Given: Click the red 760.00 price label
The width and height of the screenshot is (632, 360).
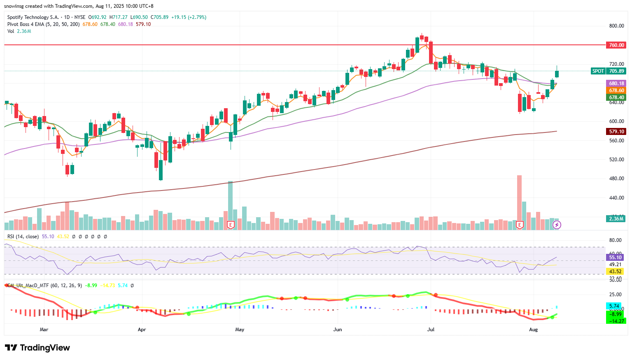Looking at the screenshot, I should (616, 45).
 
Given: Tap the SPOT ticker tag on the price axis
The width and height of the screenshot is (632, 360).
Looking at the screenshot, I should (598, 71).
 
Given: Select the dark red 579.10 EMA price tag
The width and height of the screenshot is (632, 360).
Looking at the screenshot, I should (616, 132).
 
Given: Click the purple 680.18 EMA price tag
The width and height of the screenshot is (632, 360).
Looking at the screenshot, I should (616, 84).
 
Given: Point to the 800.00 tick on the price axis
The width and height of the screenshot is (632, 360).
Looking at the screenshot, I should (616, 26).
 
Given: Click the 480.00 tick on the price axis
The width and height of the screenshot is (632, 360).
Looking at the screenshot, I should (616, 179).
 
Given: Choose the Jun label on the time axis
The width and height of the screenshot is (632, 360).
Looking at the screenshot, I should (338, 330).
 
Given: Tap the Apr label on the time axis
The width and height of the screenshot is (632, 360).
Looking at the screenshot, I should (142, 330).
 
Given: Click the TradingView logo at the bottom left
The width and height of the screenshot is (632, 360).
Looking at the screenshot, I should (37, 348).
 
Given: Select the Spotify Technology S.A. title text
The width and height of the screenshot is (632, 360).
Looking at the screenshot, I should (33, 17).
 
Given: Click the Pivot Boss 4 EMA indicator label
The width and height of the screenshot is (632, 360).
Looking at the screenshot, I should (44, 24).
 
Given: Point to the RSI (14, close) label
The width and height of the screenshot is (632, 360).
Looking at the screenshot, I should (23, 237).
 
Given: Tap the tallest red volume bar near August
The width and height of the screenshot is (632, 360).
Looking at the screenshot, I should (519, 197).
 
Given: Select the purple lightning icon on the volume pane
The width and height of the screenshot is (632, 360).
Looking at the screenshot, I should (557, 225).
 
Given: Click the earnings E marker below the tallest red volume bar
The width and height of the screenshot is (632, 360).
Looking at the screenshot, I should (520, 225).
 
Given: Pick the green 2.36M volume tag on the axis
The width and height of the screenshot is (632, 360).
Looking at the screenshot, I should (616, 219).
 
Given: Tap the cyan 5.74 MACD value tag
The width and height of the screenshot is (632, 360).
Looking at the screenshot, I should (615, 306).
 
